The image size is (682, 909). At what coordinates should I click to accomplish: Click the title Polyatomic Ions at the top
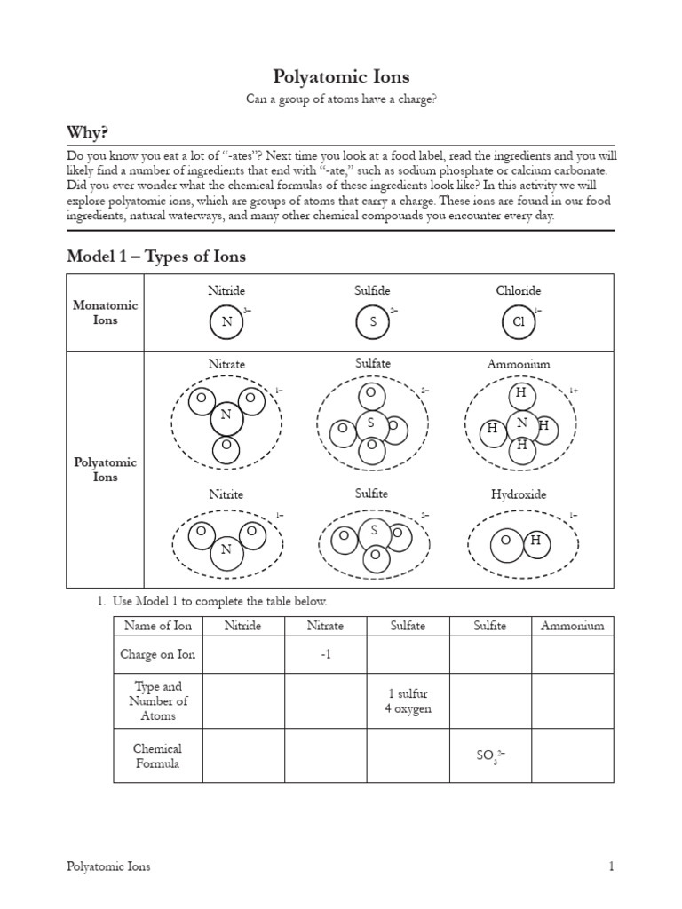341,77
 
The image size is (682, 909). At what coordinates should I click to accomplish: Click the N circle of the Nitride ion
226,322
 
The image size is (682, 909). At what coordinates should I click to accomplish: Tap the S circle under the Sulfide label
373,322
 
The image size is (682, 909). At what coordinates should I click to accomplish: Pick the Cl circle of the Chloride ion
519,322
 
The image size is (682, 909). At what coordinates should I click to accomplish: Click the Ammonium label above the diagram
519,364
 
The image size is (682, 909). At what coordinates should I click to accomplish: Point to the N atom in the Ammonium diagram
522,423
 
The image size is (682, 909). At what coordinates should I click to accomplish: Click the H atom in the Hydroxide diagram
535,540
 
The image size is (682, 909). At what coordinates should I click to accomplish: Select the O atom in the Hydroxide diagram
505,541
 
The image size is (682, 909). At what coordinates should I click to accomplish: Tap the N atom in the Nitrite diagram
226,549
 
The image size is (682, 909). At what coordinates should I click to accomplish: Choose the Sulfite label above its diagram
372,494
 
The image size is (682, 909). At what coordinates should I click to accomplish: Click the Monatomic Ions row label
105,312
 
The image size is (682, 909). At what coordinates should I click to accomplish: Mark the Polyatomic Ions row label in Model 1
105,470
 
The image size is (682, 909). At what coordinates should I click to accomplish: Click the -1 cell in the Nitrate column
325,655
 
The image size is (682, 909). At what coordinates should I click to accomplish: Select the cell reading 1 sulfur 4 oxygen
408,701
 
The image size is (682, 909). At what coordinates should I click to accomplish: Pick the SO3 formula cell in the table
490,755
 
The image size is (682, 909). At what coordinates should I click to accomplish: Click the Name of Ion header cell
158,626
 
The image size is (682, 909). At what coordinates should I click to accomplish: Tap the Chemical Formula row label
158,755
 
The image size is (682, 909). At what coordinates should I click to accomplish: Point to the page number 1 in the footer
611,866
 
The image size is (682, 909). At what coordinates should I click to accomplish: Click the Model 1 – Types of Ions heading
156,257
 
